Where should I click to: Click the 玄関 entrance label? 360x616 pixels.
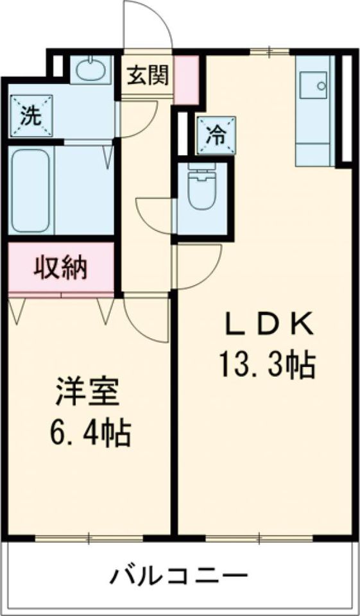click(148, 76)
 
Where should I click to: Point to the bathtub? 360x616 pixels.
click(31, 191)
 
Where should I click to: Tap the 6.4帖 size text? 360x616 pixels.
click(90, 434)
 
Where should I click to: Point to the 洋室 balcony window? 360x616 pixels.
click(90, 538)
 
